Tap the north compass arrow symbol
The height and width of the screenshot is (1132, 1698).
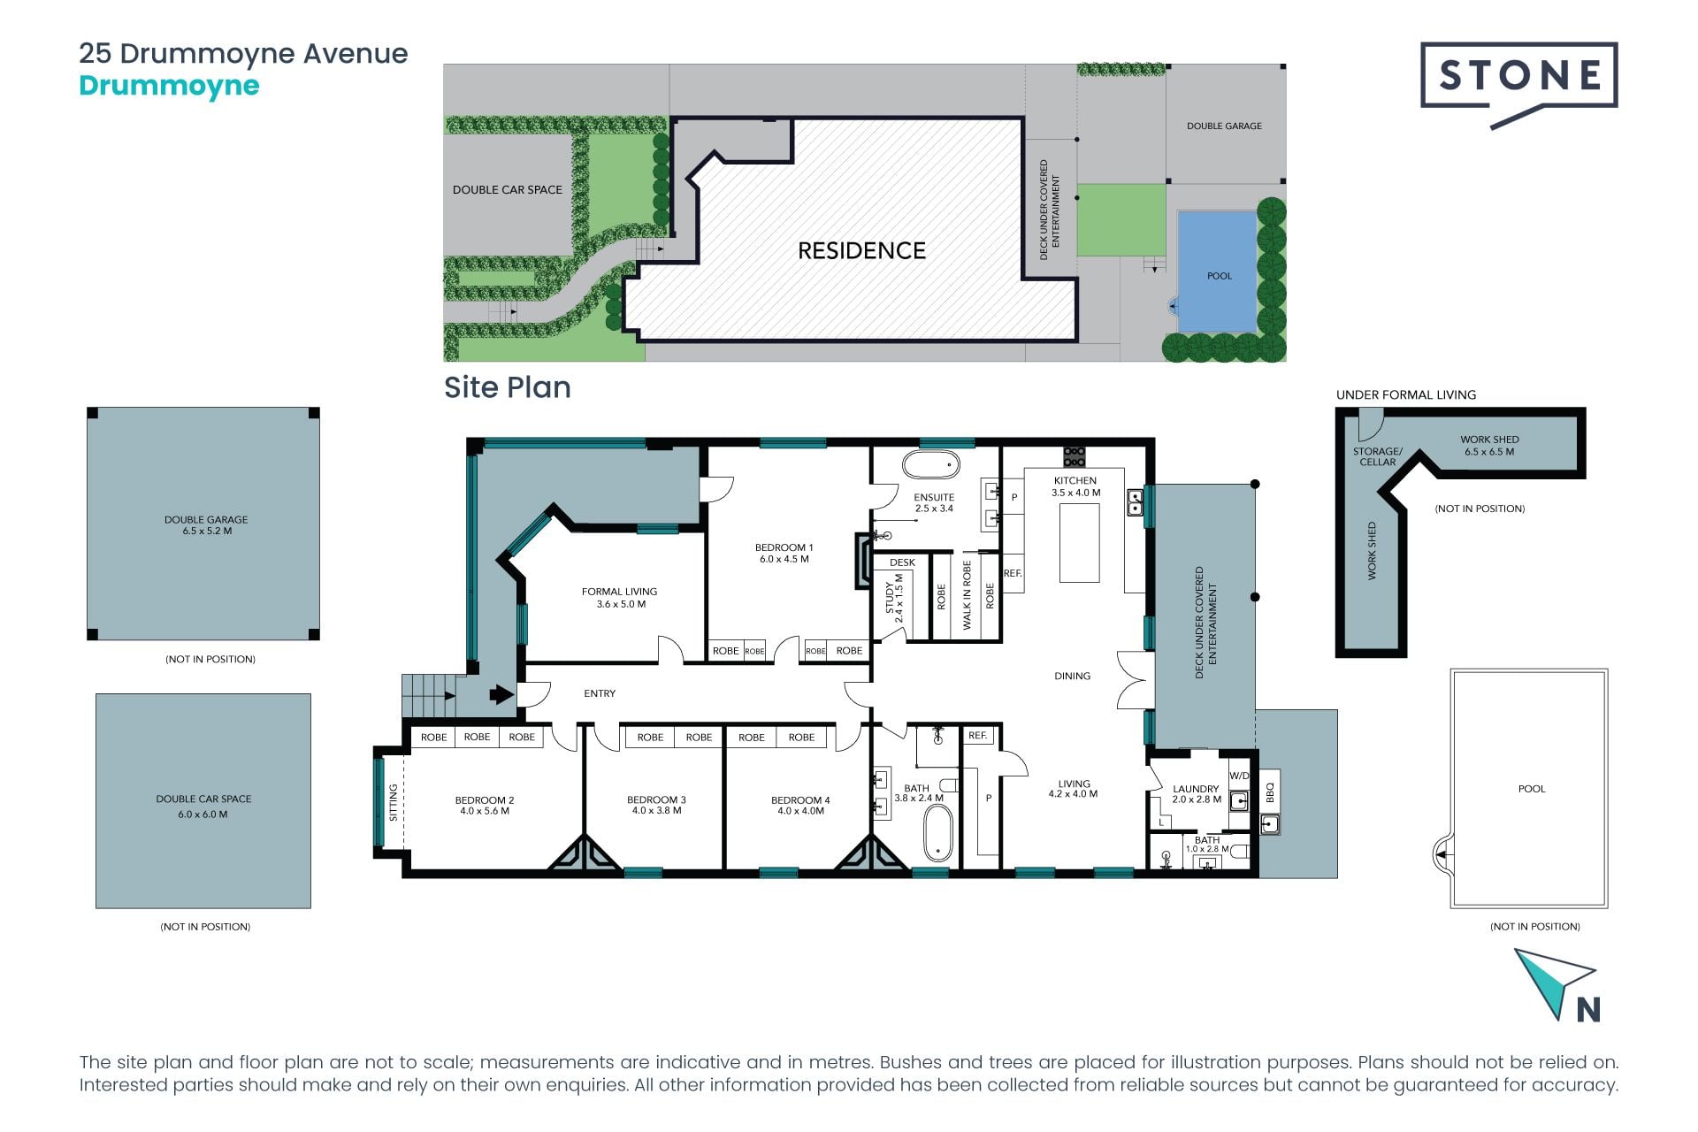point(1554,983)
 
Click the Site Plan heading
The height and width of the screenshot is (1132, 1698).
point(508,387)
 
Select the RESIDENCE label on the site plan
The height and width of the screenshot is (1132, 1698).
point(861,250)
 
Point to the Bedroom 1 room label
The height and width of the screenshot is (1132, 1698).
point(784,553)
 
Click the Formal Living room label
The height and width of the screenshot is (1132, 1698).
point(620,598)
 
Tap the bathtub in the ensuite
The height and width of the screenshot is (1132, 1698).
point(931,464)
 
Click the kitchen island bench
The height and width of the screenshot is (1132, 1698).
point(1079,543)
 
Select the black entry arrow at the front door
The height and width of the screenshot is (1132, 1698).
point(501,694)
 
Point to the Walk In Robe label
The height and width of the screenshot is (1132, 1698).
point(967,594)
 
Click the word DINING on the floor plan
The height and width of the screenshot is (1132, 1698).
point(1072,676)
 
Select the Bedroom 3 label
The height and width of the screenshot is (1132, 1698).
point(656,805)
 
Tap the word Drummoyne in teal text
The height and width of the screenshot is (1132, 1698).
point(169,86)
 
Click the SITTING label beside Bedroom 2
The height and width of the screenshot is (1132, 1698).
point(394,802)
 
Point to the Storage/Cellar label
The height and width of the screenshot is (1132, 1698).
point(1377,456)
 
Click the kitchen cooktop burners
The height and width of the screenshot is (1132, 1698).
point(1075,456)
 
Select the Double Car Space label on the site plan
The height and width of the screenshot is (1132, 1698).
point(508,189)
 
